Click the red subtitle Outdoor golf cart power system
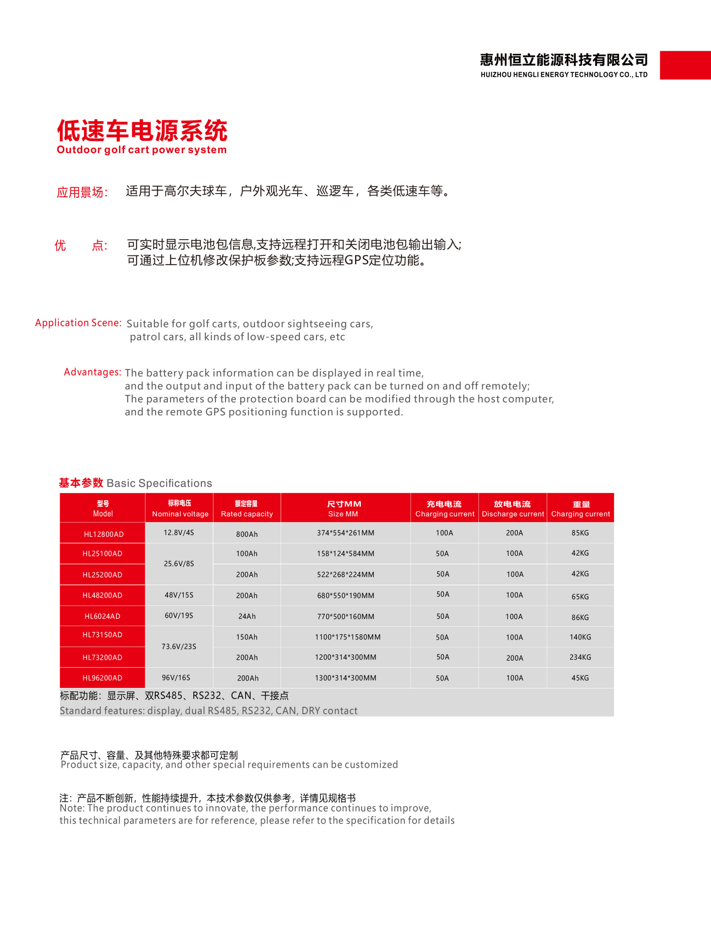[142, 150]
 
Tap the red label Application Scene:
[78, 323]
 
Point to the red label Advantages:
[92, 372]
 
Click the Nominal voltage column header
[180, 508]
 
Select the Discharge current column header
[512, 508]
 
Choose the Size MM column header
[344, 508]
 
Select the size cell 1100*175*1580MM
[348, 637]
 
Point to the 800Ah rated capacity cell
[247, 534]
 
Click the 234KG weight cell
[580, 657]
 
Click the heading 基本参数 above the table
[81, 483]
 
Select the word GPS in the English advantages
[215, 412]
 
